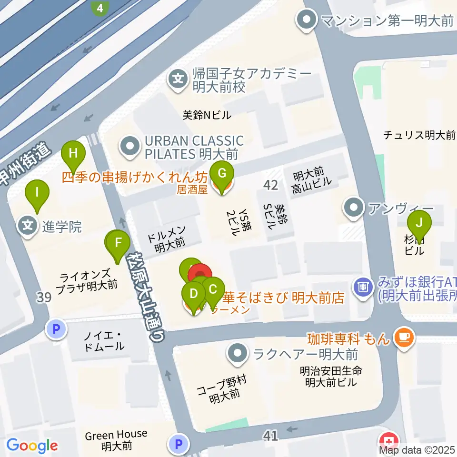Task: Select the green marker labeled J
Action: (419, 223)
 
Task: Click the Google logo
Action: (32, 446)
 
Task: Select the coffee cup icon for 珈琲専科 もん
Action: (404, 338)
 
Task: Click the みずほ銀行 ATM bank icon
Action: (363, 287)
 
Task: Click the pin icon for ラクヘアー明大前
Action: (237, 354)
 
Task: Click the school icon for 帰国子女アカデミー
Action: (178, 78)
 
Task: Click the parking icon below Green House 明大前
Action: (179, 445)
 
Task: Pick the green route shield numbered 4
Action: (99, 8)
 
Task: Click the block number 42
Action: (270, 186)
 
